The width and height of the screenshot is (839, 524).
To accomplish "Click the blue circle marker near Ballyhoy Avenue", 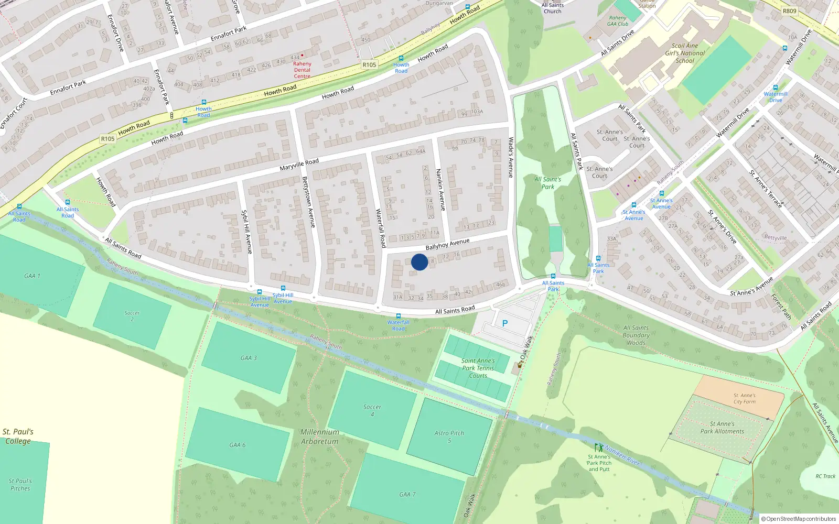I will coord(419,262).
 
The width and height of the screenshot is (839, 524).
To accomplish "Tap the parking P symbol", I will coord(505,323).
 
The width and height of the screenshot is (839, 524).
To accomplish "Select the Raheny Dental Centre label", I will coord(302,70).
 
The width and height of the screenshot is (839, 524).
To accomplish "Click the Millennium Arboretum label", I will coord(320,436).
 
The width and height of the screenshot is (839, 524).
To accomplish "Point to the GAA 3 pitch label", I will coord(249,358).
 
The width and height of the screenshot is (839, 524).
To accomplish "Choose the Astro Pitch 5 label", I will coord(449,436).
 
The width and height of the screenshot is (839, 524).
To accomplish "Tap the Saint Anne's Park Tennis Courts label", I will coord(478,368).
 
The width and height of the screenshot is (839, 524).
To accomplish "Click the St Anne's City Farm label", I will coord(745,399).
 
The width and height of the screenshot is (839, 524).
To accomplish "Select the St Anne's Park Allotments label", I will coord(722,428).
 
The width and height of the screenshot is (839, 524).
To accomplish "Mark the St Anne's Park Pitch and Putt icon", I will coord(599,448).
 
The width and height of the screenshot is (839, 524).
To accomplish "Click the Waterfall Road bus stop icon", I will coord(399,316).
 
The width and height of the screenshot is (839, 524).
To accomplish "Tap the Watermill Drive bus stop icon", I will coord(776,88).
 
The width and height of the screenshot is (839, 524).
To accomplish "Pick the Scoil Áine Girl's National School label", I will coord(685,53).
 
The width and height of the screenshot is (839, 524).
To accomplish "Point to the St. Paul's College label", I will coord(18,436).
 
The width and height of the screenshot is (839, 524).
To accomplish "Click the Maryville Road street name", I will coord(299,165).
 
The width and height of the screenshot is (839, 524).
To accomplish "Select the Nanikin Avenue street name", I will coord(440,190).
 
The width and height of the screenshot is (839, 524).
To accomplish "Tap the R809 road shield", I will coord(789,11).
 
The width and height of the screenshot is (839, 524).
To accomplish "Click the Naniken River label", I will coord(623,455).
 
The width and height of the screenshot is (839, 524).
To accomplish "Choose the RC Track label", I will coord(825,476).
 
